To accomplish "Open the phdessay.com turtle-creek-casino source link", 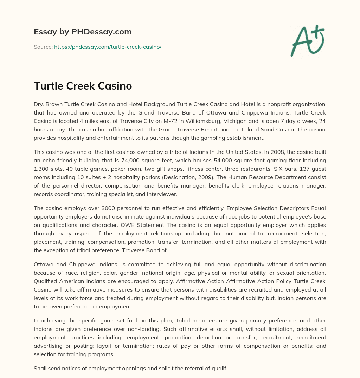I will click(108, 47).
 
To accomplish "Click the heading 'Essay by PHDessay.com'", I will click(83, 32).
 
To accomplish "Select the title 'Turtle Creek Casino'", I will click(83, 86).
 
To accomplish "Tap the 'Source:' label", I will click(43, 47).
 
